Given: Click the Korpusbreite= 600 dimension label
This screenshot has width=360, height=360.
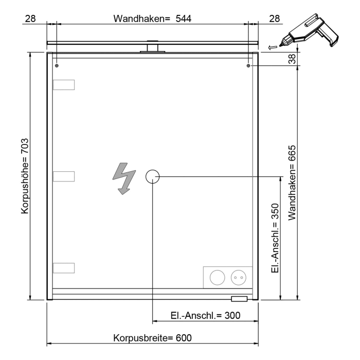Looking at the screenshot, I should [152, 338].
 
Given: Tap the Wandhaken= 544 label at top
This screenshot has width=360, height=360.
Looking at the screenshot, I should [149, 19].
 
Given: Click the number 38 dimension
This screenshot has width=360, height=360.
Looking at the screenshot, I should [293, 59].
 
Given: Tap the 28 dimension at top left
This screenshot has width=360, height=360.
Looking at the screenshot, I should [30, 19].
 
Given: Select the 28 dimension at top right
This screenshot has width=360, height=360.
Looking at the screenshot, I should [275, 19].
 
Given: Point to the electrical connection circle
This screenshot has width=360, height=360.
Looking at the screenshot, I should [153, 177].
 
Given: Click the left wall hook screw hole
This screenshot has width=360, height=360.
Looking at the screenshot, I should [57, 66].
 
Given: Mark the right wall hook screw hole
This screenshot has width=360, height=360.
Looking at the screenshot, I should [249, 66].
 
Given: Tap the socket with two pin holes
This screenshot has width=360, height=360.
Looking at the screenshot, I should [238, 277].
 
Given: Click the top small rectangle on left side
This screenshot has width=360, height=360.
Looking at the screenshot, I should [64, 85].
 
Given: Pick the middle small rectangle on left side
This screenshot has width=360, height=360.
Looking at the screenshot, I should [64, 176].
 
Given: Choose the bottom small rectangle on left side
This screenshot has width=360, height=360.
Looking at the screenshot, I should [64, 267].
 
